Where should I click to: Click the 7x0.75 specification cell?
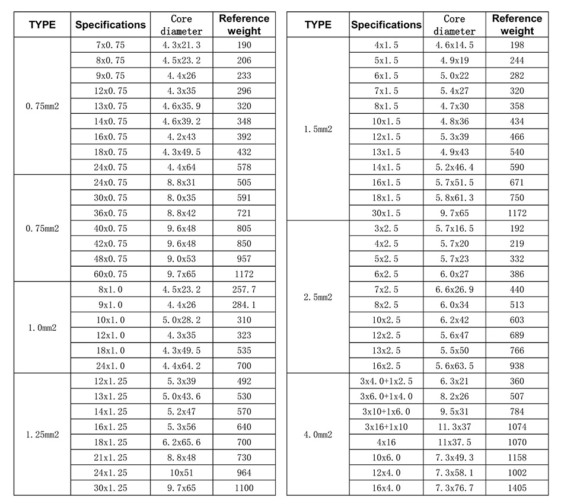click(x=110, y=45)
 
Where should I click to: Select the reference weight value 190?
click(x=244, y=45)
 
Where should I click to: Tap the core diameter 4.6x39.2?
click(x=181, y=122)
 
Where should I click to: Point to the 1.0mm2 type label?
click(x=42, y=327)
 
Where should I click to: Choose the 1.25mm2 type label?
click(x=42, y=435)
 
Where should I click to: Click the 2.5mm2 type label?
click(x=318, y=297)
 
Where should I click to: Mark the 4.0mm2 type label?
click(x=318, y=435)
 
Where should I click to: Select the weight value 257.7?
click(x=244, y=289)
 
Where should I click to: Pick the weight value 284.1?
click(x=244, y=305)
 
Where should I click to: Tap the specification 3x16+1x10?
click(x=386, y=427)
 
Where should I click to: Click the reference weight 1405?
click(x=517, y=488)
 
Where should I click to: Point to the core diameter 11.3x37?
click(x=454, y=427)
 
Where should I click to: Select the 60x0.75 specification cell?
click(x=110, y=274)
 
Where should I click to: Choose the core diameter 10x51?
click(x=181, y=473)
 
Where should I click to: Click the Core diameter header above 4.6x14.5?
click(x=454, y=25)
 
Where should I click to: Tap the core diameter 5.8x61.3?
click(x=454, y=198)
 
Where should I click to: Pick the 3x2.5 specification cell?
click(x=386, y=228)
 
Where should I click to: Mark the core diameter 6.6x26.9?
click(x=454, y=289)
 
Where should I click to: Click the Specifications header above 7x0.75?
click(x=110, y=25)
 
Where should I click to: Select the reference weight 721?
click(x=244, y=213)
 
